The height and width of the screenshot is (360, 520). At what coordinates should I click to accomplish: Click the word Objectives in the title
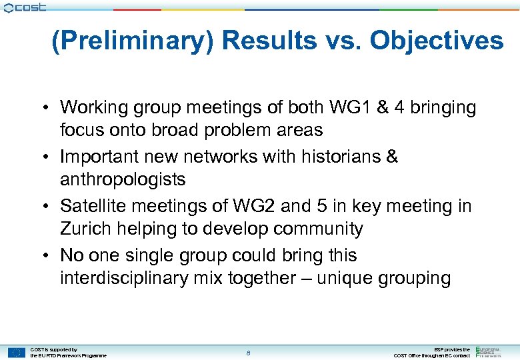point(437,41)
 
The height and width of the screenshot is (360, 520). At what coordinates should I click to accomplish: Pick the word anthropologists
point(123,179)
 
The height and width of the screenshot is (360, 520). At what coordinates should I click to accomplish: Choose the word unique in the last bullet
point(347,278)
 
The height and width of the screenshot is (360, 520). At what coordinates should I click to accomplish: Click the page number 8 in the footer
point(248,353)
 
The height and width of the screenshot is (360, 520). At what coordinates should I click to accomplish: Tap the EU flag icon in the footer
point(17,353)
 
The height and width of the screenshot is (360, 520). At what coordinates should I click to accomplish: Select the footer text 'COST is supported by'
point(54,349)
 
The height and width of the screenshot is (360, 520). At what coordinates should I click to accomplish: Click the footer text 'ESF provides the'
point(452,349)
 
